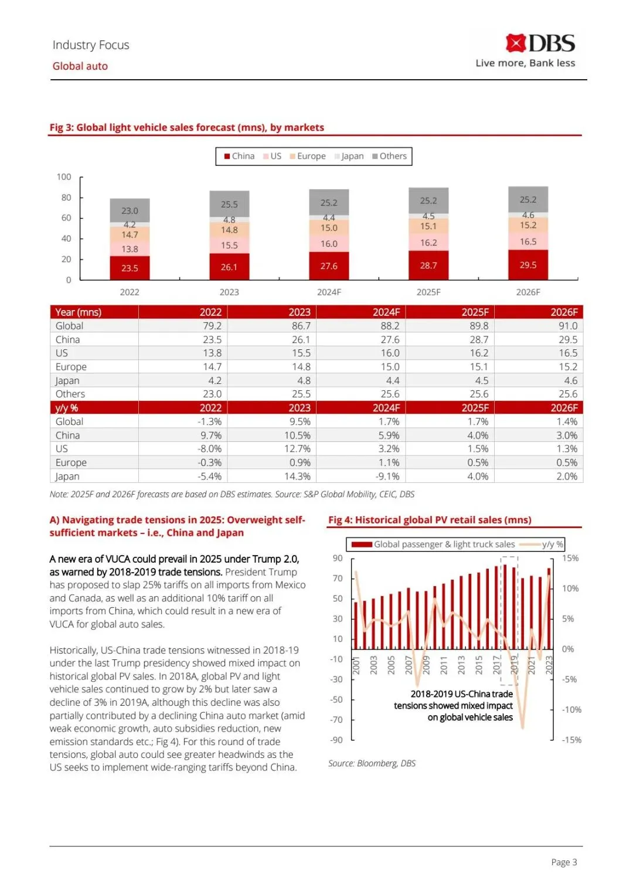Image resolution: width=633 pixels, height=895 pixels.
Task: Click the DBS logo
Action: [x=540, y=44]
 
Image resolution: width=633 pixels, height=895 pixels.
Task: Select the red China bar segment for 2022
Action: [x=130, y=268]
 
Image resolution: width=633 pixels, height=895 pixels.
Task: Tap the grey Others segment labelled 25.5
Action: [x=229, y=204]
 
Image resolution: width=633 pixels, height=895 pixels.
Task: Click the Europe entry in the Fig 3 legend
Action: [x=308, y=156]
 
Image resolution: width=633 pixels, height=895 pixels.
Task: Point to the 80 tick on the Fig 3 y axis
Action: [x=66, y=198]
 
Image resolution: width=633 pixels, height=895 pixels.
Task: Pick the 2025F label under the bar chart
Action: [x=428, y=292]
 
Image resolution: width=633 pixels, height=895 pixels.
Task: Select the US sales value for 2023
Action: [x=301, y=353]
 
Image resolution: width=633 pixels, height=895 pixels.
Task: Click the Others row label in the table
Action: [x=70, y=394]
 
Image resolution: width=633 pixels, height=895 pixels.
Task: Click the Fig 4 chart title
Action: [x=430, y=520]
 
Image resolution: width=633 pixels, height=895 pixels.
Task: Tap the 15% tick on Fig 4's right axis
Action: [x=570, y=558]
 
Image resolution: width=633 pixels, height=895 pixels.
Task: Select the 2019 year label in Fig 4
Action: [x=514, y=665]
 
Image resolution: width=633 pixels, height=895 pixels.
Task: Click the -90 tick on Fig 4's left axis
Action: [x=336, y=740]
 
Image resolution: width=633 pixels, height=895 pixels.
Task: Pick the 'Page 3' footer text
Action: [x=564, y=862]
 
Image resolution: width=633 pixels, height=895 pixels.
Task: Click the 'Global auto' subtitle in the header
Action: [x=80, y=66]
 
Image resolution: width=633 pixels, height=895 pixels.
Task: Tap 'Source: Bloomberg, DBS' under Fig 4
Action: [x=372, y=763]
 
